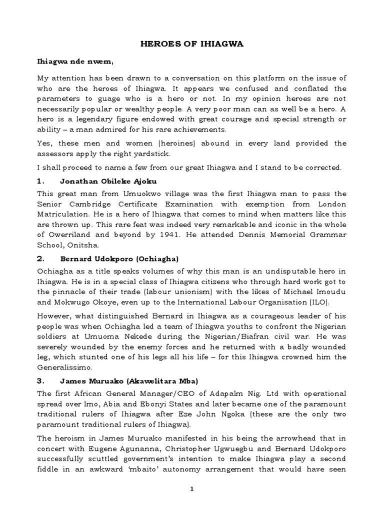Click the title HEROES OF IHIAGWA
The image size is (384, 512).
point(191,44)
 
